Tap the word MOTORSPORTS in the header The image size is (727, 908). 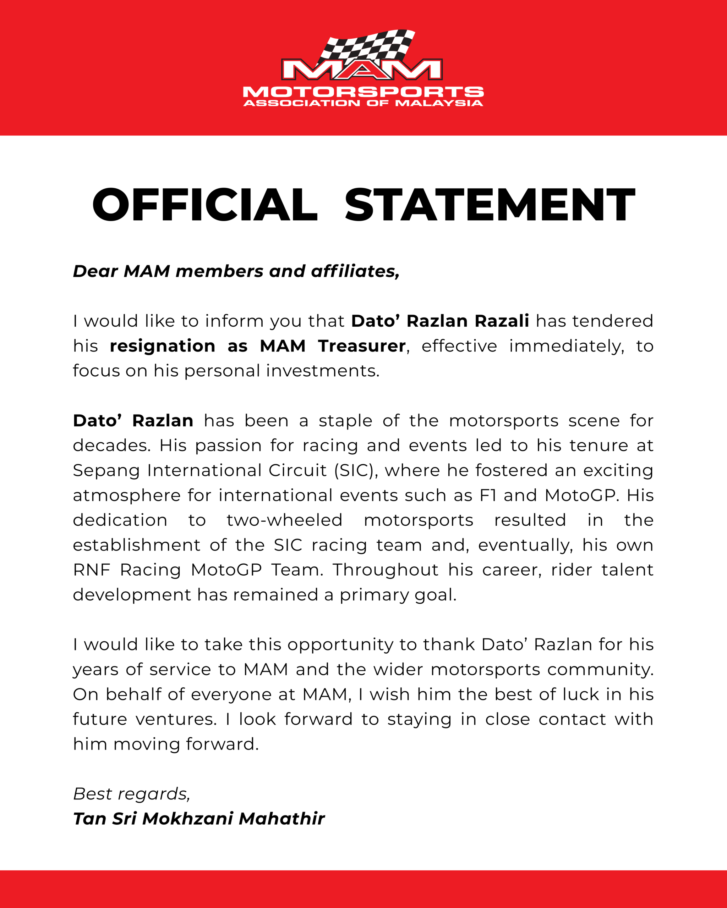[363, 92]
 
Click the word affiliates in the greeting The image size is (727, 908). [355, 271]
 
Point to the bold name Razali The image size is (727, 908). [501, 321]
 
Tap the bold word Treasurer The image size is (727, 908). [362, 346]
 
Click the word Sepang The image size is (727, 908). [106, 470]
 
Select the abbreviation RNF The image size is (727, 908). [92, 570]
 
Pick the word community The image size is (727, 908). [601, 670]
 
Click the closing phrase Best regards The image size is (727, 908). [131, 794]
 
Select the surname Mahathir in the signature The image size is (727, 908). [281, 819]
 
